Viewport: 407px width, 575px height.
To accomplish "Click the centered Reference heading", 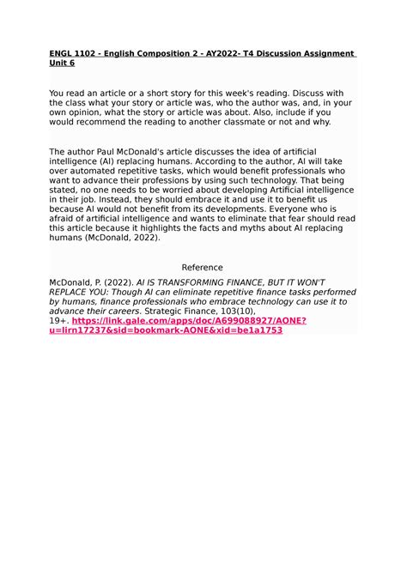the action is click(203, 267).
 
